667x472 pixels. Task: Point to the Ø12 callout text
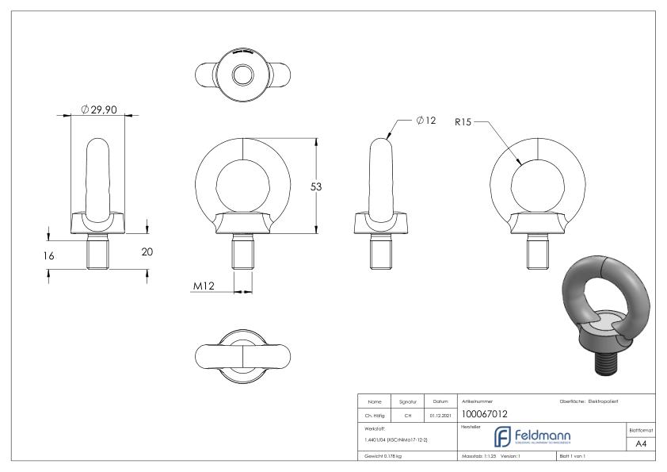(426, 121)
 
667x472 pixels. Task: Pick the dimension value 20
(147, 251)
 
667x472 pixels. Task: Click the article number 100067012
(484, 413)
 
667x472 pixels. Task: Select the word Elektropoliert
(607, 401)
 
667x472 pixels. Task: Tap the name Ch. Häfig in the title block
(375, 413)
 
